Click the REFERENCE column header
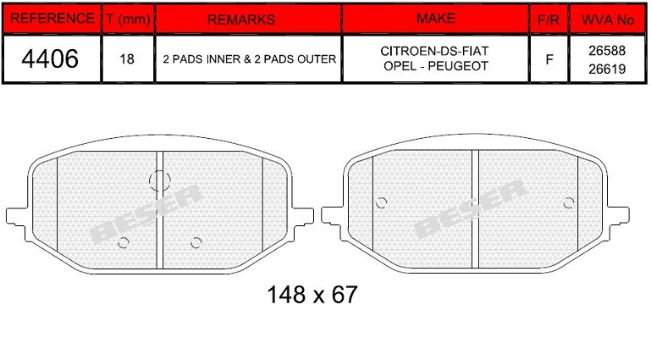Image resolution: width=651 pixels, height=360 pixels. tap(52, 19)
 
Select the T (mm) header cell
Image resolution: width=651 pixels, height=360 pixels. tap(128, 19)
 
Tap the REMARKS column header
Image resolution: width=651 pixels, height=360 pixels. tap(241, 19)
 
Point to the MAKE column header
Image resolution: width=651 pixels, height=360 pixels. tap(436, 19)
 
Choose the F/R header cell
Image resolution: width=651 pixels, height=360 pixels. tap(549, 20)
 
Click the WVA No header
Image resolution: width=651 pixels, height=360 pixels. tap(608, 19)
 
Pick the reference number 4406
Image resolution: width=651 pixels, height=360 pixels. tap(50, 58)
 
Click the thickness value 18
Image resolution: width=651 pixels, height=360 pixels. tap(127, 59)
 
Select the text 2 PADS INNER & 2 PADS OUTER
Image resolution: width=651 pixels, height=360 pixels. tap(249, 59)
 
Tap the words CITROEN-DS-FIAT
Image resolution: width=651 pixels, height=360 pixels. tap(434, 51)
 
